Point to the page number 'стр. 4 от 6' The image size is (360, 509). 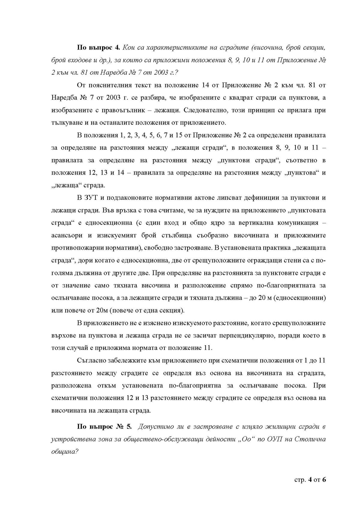310,480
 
